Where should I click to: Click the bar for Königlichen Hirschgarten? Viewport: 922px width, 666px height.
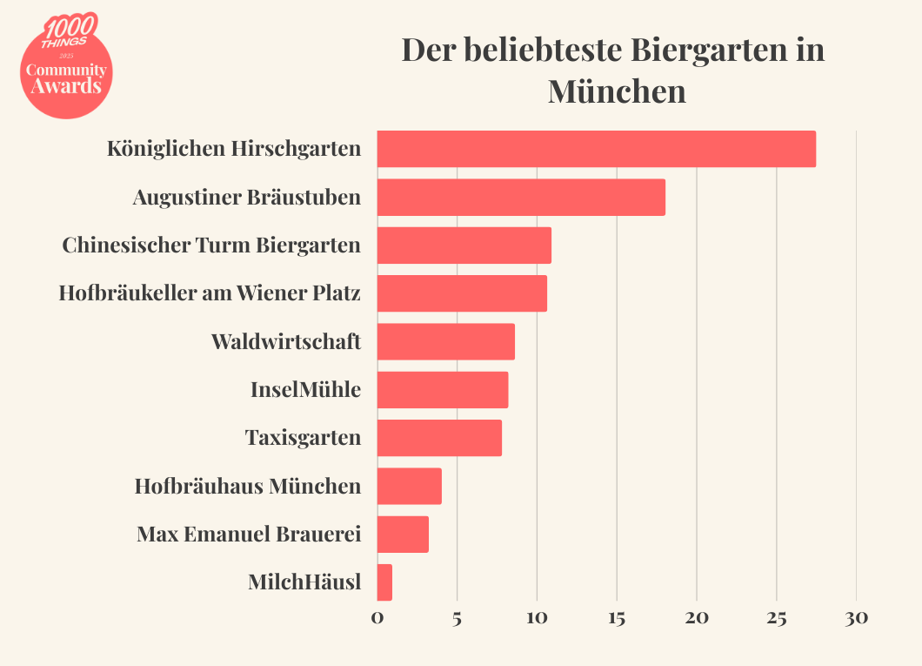pos(596,149)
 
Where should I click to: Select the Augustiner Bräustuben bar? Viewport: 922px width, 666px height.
pos(521,197)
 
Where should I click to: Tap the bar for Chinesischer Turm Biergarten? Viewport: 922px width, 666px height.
pos(464,246)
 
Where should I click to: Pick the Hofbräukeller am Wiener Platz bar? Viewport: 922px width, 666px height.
pos(462,293)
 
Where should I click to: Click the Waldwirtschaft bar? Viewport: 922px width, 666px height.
pos(445,341)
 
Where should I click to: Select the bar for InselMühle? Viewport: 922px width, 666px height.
pos(442,390)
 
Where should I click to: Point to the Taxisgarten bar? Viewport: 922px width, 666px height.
pos(439,438)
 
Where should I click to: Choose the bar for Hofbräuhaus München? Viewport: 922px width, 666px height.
pos(409,486)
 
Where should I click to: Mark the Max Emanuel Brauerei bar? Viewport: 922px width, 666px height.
pos(403,535)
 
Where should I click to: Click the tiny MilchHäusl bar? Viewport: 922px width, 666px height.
pos(384,582)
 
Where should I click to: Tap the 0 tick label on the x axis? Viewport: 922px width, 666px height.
pos(377,619)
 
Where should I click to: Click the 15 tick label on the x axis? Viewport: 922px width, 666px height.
pos(616,619)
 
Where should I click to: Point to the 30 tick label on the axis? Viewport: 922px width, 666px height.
pos(856,619)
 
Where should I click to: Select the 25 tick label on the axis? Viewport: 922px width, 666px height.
pos(776,619)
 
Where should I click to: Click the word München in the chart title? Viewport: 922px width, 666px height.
pos(617,91)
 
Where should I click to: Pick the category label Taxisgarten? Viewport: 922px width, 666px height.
pos(303,437)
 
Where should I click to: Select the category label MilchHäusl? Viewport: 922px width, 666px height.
pos(304,582)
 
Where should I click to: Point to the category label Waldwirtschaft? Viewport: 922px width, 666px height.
pos(285,341)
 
